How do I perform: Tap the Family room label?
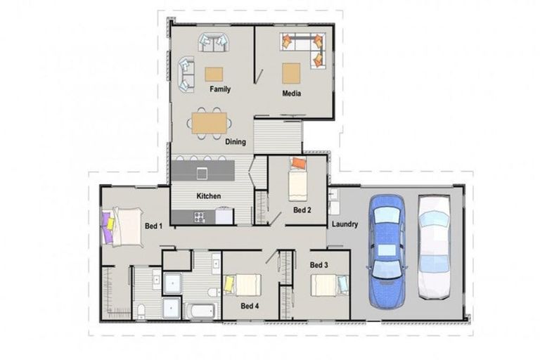220,89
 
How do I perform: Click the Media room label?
292,93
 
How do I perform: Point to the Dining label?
236,142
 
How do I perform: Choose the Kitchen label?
209,196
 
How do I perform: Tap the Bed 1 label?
153,226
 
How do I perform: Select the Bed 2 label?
302,210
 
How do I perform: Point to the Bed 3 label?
319,265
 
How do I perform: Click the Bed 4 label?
250,306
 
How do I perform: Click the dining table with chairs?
210,124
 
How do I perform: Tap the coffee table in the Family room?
214,73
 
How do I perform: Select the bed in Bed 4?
242,285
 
